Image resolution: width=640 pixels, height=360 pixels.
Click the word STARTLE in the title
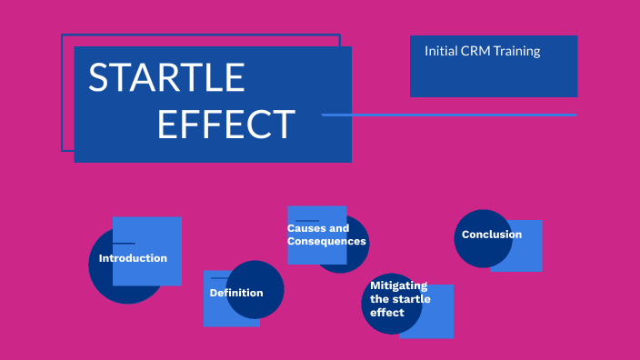[166, 78]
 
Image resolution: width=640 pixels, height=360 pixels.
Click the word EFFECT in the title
[225, 125]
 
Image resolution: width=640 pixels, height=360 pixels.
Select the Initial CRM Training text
[482, 51]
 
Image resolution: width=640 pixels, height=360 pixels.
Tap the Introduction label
[133, 258]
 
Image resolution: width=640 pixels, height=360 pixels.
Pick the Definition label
[236, 293]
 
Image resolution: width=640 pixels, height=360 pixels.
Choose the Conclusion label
[492, 235]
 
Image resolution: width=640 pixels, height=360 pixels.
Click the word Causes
[305, 228]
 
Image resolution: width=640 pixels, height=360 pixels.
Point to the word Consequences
[326, 242]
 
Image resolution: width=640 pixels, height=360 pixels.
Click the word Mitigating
[398, 285]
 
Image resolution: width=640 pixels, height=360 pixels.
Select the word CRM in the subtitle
[473, 51]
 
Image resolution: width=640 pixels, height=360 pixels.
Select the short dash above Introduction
[124, 244]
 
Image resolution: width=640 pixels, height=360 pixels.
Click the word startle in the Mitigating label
[412, 299]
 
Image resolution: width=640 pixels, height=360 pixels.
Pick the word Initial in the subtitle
[440, 51]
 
